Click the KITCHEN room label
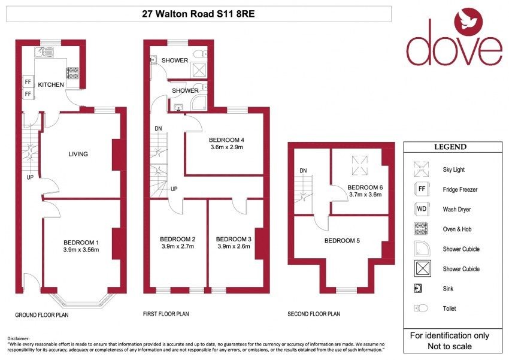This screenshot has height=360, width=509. coord(51,84)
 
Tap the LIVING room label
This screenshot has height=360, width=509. coord(78,154)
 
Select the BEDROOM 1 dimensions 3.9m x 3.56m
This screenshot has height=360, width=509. coord(81,250)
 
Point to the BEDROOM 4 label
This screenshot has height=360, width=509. coord(226,140)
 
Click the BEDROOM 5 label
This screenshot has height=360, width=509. coord(342,241)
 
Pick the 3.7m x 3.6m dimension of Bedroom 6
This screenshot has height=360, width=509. coord(365,195)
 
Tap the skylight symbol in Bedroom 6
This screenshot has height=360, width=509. coord(360,165)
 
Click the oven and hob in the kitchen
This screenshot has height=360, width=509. coord(72,72)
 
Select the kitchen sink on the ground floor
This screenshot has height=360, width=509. coord(45,52)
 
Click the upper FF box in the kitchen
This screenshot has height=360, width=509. coord(28,82)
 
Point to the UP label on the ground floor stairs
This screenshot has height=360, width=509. coord(30,177)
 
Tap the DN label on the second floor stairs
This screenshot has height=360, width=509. coord(303,171)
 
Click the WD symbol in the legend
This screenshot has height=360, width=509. coord(422,209)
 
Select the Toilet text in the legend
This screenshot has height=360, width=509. coord(449,308)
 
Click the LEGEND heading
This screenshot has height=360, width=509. coord(450,147)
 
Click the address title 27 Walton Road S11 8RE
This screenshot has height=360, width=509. coord(198,14)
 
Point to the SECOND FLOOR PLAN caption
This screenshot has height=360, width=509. coord(314,314)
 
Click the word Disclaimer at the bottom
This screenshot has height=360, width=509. coord(18,338)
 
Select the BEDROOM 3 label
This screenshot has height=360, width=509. coord(234,239)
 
